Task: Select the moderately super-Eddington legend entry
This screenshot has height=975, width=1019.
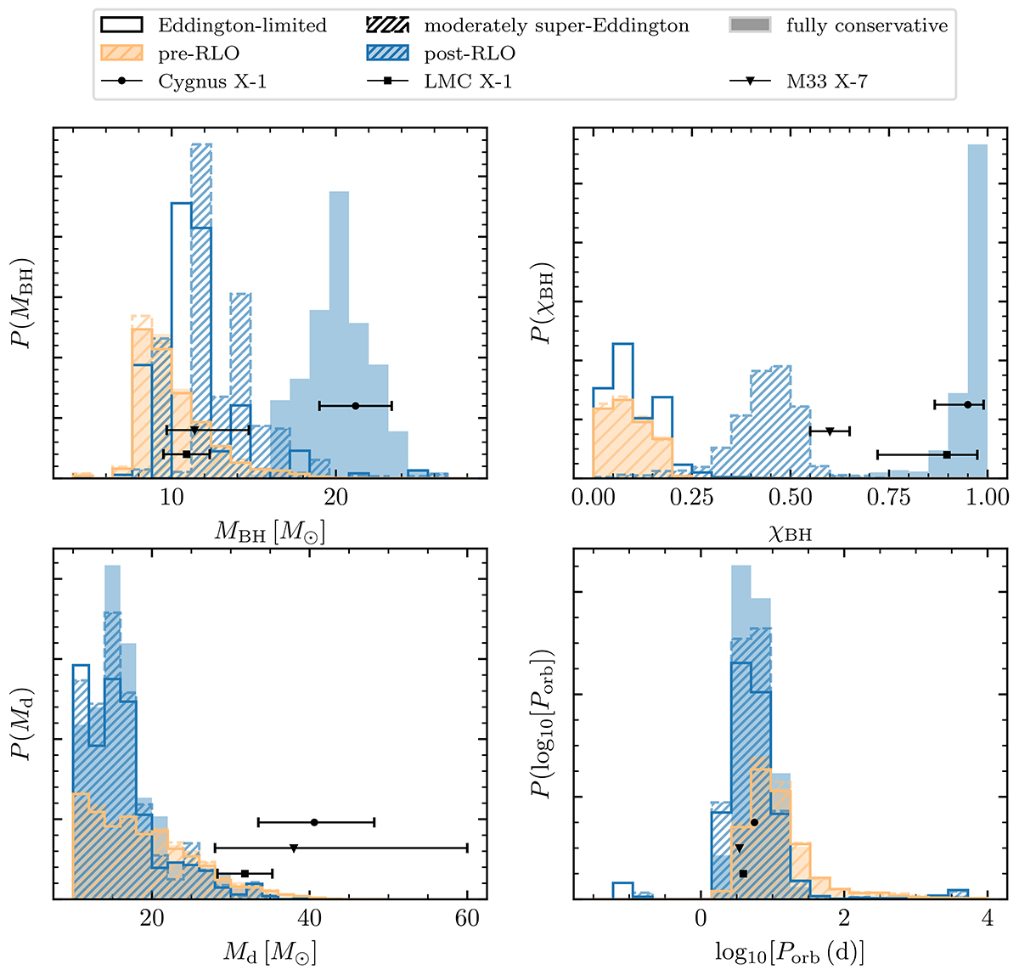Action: tap(556, 25)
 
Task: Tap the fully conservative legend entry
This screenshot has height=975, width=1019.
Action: tap(867, 25)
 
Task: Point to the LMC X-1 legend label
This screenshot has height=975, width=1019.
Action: tap(468, 82)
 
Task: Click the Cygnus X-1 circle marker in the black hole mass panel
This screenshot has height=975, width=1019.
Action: tap(355, 406)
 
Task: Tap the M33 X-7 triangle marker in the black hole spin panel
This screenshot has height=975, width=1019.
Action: tap(830, 431)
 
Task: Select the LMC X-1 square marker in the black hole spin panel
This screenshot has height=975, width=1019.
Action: tap(947, 454)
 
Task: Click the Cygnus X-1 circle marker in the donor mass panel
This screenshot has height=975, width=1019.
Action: tap(315, 822)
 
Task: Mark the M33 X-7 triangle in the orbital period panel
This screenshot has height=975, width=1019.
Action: tap(740, 848)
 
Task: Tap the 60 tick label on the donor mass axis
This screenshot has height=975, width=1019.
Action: tap(467, 918)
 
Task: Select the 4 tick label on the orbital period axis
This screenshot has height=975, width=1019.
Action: tap(987, 918)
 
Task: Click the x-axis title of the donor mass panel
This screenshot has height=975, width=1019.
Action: tap(270, 952)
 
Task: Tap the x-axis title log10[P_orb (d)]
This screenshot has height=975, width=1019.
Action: tap(790, 952)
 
